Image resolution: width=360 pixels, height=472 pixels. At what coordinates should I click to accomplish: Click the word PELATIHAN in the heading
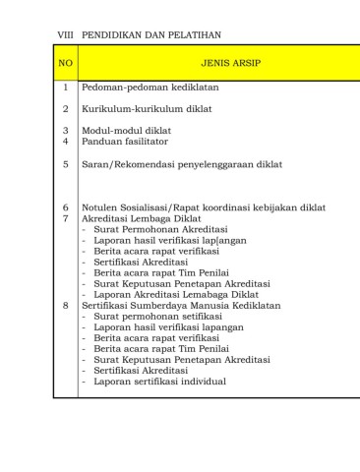193,34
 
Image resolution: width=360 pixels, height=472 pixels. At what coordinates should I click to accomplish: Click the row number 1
66,88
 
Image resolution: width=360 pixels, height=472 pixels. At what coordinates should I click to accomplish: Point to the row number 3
66,130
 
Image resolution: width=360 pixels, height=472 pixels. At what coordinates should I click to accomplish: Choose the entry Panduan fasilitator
126,141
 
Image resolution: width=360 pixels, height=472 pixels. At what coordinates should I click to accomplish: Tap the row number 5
66,164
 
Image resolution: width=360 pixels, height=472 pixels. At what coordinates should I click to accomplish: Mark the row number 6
66,208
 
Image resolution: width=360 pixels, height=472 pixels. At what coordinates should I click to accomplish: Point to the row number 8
66,306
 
